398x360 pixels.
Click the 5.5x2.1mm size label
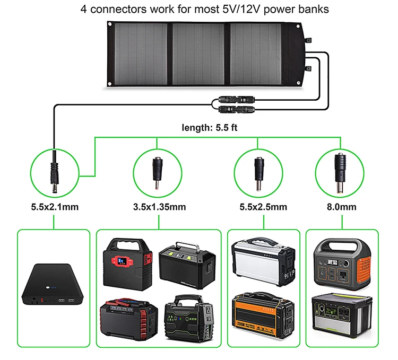pyautogui.click(x=54, y=207)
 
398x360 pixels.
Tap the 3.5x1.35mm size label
pyautogui.click(x=159, y=207)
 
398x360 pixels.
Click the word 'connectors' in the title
pyautogui.click(x=123, y=9)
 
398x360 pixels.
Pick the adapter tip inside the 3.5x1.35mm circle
pyautogui.click(x=157, y=171)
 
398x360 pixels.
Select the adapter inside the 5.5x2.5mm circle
pyautogui.click(x=258, y=171)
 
